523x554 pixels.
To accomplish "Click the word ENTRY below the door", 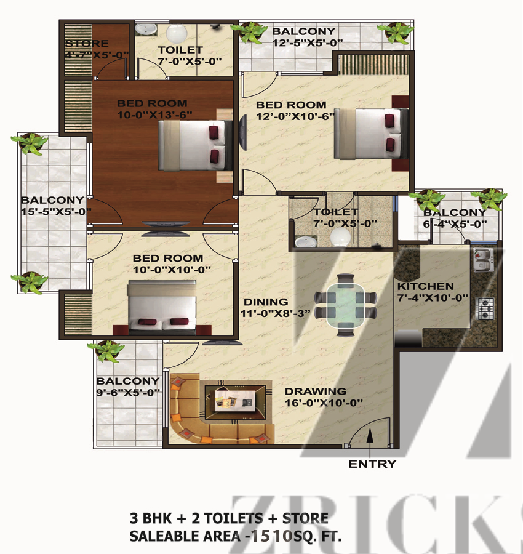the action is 372,464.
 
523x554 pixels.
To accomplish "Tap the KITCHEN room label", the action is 426,286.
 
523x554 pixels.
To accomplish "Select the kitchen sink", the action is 484,259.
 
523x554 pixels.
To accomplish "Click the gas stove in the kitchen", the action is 486,308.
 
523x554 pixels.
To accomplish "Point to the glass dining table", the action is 345,305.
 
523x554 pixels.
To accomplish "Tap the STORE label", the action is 87,44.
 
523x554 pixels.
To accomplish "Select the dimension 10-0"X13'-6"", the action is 154,115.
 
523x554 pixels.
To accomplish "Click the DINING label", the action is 266,302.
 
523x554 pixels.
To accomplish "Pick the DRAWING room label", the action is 316,391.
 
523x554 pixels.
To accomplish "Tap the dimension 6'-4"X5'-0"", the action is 455,224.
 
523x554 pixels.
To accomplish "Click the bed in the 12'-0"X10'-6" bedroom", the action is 371,134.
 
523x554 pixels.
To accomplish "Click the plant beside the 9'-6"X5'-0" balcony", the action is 106,350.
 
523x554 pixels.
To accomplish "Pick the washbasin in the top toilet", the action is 146,30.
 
